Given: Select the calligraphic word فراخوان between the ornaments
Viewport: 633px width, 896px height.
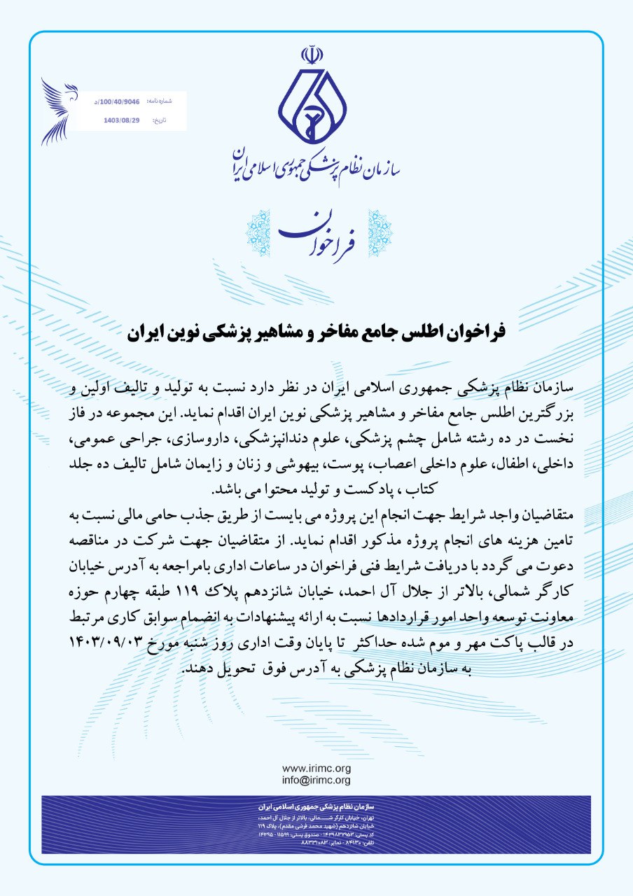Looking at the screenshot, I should pos(317,232).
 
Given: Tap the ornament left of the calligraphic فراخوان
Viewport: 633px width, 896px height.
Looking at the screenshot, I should pos(257,232).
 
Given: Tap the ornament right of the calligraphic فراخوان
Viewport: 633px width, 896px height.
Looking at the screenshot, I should pos(380,232).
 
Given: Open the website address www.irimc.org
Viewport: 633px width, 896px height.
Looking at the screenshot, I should pos(316,769).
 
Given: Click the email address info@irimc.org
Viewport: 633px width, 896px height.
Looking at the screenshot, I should pos(316,780).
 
